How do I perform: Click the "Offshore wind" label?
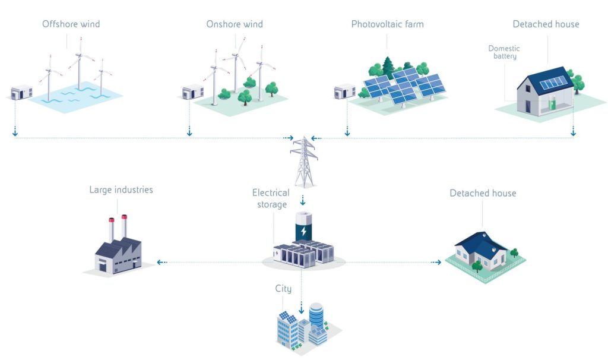[71, 24]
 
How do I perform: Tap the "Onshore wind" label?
[235, 24]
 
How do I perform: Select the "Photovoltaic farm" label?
[387, 24]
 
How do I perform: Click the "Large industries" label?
[121, 190]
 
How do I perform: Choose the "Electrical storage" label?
[271, 198]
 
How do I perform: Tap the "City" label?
[283, 289]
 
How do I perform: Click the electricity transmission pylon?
[303, 162]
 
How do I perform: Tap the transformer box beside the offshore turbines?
[21, 93]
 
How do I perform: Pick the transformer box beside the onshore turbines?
[193, 93]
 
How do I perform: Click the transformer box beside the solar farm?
[344, 93]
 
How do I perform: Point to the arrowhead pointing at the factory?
[160, 262]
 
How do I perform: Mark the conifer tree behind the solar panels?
[389, 67]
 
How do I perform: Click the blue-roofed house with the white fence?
[484, 252]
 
